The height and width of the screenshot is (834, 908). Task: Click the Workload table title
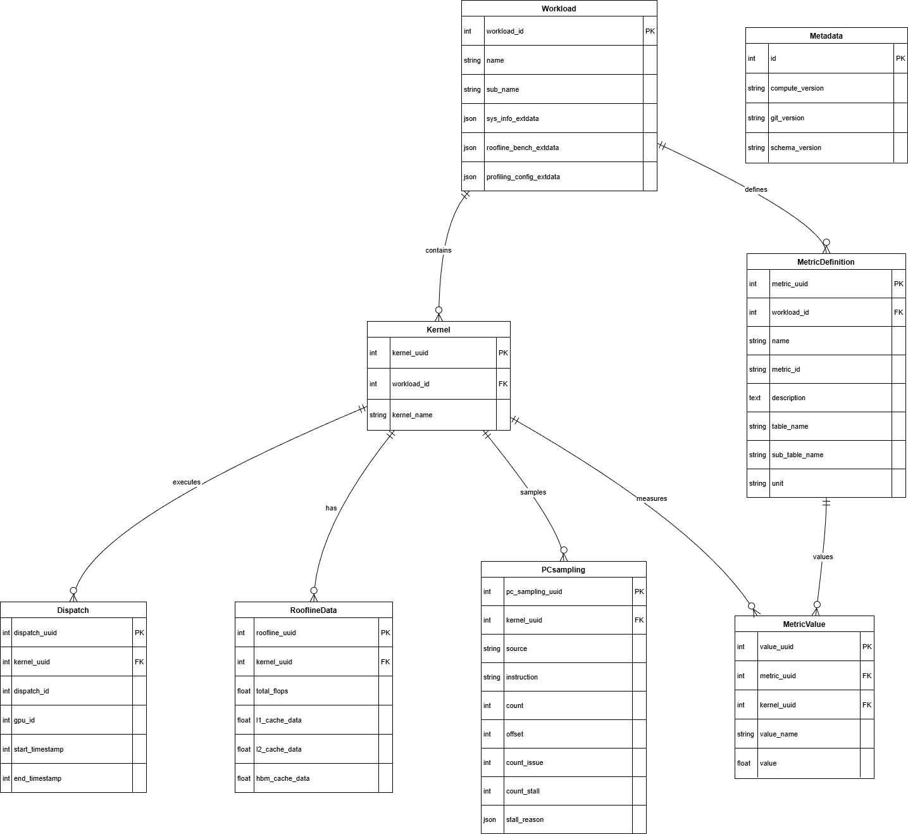click(559, 9)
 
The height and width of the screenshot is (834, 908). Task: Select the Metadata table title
click(826, 36)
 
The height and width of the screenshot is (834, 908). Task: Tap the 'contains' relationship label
click(438, 250)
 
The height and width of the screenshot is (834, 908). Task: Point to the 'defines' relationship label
click(756, 189)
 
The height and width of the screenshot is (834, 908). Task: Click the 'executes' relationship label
click(187, 482)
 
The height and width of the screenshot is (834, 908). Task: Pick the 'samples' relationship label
click(533, 492)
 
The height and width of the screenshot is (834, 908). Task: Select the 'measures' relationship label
click(652, 498)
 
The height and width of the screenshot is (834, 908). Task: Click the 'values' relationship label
click(823, 557)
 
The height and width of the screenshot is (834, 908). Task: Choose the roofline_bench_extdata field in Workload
click(523, 148)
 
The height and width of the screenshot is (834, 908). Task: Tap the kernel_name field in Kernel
click(413, 415)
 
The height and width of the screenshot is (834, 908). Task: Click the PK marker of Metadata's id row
click(900, 58)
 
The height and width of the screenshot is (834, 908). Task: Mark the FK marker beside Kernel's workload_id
click(503, 384)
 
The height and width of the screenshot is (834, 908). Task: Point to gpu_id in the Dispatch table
click(25, 720)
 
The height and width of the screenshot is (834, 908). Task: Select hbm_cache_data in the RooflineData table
click(283, 778)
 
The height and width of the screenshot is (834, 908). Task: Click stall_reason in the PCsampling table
click(525, 819)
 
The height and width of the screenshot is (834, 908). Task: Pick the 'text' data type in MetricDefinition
click(754, 398)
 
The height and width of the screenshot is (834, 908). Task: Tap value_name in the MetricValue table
click(778, 734)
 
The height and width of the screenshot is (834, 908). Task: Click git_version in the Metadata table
click(788, 118)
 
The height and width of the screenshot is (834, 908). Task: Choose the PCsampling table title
click(563, 570)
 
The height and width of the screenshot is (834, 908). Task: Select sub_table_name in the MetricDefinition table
click(797, 455)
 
